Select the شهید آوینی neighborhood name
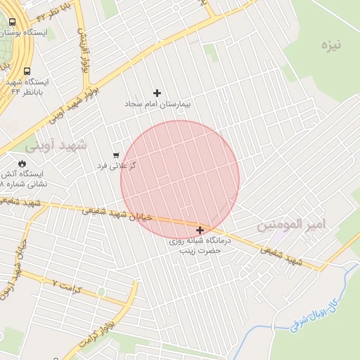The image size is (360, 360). tap(56, 146)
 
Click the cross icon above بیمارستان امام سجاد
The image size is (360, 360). tap(157, 93)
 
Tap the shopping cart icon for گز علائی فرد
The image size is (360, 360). tap(116, 155)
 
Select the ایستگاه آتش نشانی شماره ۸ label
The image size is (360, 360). tap(27, 178)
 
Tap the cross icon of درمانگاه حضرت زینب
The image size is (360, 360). tap(200, 230)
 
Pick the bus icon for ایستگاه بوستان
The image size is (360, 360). tap(13, 22)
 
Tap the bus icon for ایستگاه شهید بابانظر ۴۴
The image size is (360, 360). tap(27, 71)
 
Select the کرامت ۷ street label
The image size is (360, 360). tap(68, 285)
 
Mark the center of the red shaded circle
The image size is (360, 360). tap(180, 180)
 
